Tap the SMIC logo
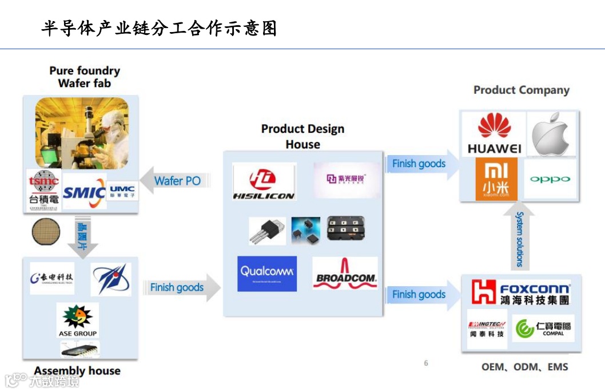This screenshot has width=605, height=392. pos(84,192)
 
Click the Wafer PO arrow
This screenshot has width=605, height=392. pos(175,181)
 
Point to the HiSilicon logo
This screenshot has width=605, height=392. pos(264,182)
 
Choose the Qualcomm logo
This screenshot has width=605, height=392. pos(267,274)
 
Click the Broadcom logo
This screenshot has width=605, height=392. pos(345,273)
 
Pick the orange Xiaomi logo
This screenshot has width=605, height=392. pos(496,179)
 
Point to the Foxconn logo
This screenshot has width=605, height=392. pos(521,292)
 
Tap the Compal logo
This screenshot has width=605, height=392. pos(543,328)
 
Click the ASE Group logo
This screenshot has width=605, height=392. pos(78,320)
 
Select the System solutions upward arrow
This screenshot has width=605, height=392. pos(520,237)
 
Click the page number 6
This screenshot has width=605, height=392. pos(426,363)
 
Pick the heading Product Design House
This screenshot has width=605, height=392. pos(302,136)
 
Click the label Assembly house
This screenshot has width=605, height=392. pos(77,371)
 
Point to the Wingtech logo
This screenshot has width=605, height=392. pos(487,328)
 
